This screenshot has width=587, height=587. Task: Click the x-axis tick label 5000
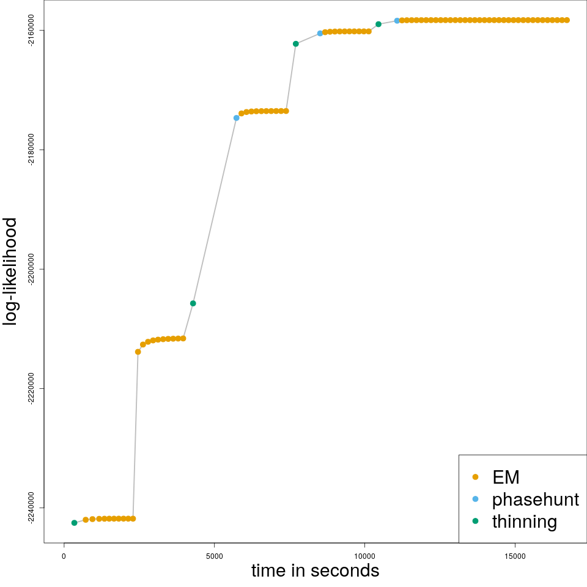[214, 556]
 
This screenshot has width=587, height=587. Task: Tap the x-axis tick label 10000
[364, 556]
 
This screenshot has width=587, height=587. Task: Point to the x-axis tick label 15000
[515, 556]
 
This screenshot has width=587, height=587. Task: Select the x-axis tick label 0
[64, 556]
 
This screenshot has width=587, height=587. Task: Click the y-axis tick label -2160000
[32, 31]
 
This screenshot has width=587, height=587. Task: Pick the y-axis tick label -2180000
[32, 150]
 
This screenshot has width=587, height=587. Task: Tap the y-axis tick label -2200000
[32, 269]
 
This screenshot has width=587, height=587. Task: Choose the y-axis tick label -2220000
[32, 388]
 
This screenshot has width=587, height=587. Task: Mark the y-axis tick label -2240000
[32, 508]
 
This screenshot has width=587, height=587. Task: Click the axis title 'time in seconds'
[315, 571]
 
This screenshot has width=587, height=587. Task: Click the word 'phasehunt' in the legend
[535, 500]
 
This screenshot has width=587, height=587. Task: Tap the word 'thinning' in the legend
[524, 522]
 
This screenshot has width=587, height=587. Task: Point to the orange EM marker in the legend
[475, 477]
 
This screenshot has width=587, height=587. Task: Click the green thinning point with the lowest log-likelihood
[75, 523]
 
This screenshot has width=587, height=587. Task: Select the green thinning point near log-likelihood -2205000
[193, 303]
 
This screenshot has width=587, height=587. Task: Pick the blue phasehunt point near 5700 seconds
[237, 118]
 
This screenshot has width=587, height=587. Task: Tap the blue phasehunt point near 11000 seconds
[397, 21]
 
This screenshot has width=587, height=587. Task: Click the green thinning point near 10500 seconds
[378, 24]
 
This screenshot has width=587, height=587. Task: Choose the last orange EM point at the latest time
[567, 20]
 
